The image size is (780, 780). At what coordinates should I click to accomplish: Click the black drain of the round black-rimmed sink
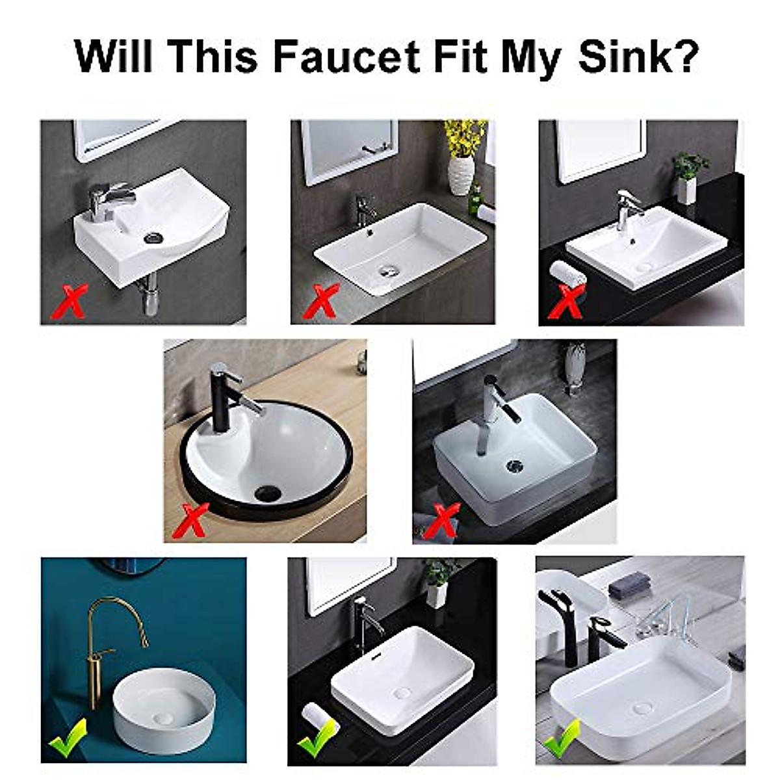tap(268, 493)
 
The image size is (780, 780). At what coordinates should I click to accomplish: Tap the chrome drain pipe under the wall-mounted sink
tap(151, 296)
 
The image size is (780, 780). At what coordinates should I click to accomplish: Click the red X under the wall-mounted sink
tap(71, 300)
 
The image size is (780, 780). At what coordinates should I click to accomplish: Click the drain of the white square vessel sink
tap(514, 465)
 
